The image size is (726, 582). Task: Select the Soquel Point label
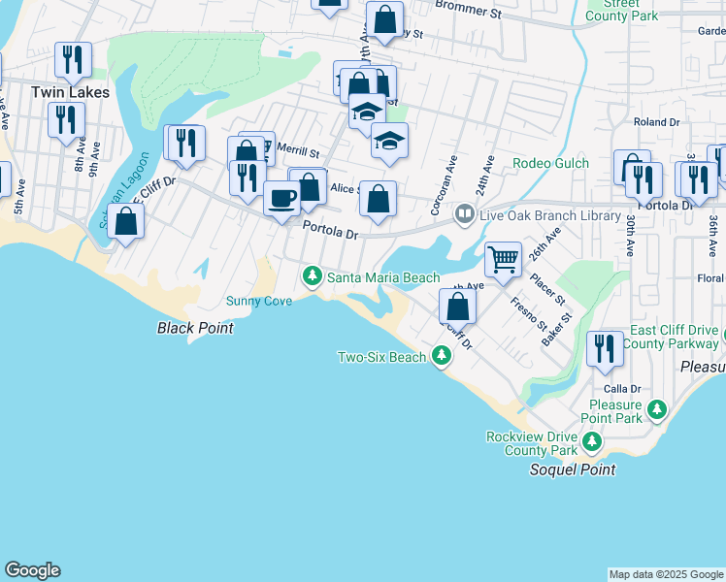tap(572, 469)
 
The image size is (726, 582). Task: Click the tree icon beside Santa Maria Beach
tap(313, 276)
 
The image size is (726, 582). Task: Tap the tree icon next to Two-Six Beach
tap(442, 357)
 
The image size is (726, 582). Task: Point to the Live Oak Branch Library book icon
tap(465, 213)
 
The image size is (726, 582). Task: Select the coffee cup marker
tap(282, 199)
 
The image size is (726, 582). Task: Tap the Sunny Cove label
tap(259, 301)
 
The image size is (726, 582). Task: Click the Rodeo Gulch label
tap(550, 163)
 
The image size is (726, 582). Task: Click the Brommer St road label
tap(468, 14)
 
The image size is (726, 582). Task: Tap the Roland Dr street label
tap(657, 122)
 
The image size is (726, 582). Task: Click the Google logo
tap(32, 570)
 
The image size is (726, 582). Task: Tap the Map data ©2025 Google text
tap(665, 574)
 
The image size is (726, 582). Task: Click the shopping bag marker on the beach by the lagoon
tap(126, 221)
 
